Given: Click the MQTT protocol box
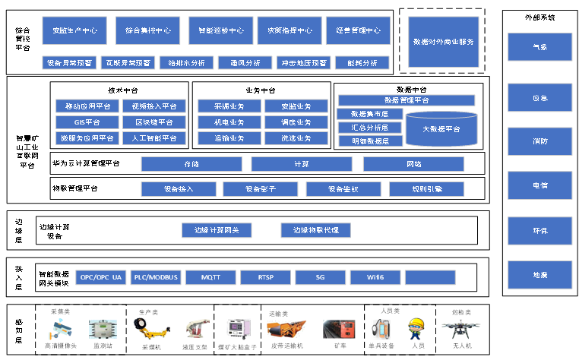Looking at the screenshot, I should click(x=210, y=277).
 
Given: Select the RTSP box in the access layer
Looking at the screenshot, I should click(x=265, y=277).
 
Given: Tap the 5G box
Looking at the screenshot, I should click(x=320, y=277).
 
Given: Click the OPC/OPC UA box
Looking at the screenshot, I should click(x=101, y=277).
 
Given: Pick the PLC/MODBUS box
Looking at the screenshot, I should click(x=156, y=277).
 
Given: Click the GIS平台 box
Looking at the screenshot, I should click(x=85, y=122).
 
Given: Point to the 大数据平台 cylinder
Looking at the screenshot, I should click(x=441, y=128).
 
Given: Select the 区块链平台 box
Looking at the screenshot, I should click(x=153, y=122).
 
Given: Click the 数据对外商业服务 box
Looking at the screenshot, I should click(x=442, y=41).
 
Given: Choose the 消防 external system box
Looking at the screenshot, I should click(x=539, y=141).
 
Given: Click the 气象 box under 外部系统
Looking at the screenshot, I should click(x=539, y=47).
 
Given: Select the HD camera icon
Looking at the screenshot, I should click(x=60, y=330).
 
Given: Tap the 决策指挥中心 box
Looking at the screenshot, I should click(x=285, y=31).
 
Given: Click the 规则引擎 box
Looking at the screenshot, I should click(x=426, y=188).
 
